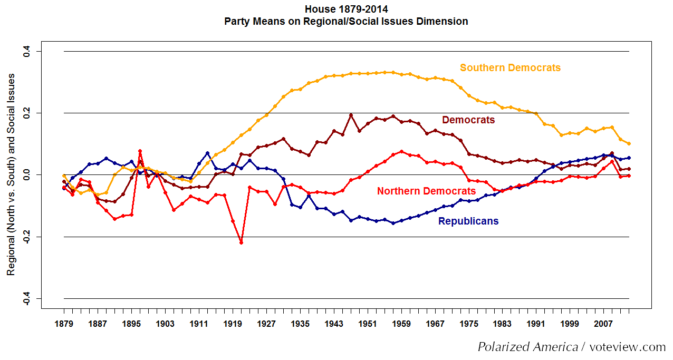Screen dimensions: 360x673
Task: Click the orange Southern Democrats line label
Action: (510, 68)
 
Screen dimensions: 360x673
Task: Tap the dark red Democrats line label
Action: (468, 120)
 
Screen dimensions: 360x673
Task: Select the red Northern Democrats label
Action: (426, 191)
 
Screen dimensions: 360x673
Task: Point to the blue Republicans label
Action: (468, 221)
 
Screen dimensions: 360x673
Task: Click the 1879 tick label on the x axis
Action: (64, 323)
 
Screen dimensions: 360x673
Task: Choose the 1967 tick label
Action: (435, 323)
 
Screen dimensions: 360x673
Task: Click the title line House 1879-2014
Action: (346, 9)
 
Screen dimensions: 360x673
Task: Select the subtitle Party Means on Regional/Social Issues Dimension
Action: (346, 22)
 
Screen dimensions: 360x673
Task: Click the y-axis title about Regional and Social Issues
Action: (11, 174)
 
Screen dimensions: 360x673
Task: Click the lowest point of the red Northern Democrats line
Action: (241, 242)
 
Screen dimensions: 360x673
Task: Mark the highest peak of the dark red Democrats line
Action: (351, 115)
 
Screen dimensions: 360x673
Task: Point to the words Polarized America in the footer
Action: (527, 347)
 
